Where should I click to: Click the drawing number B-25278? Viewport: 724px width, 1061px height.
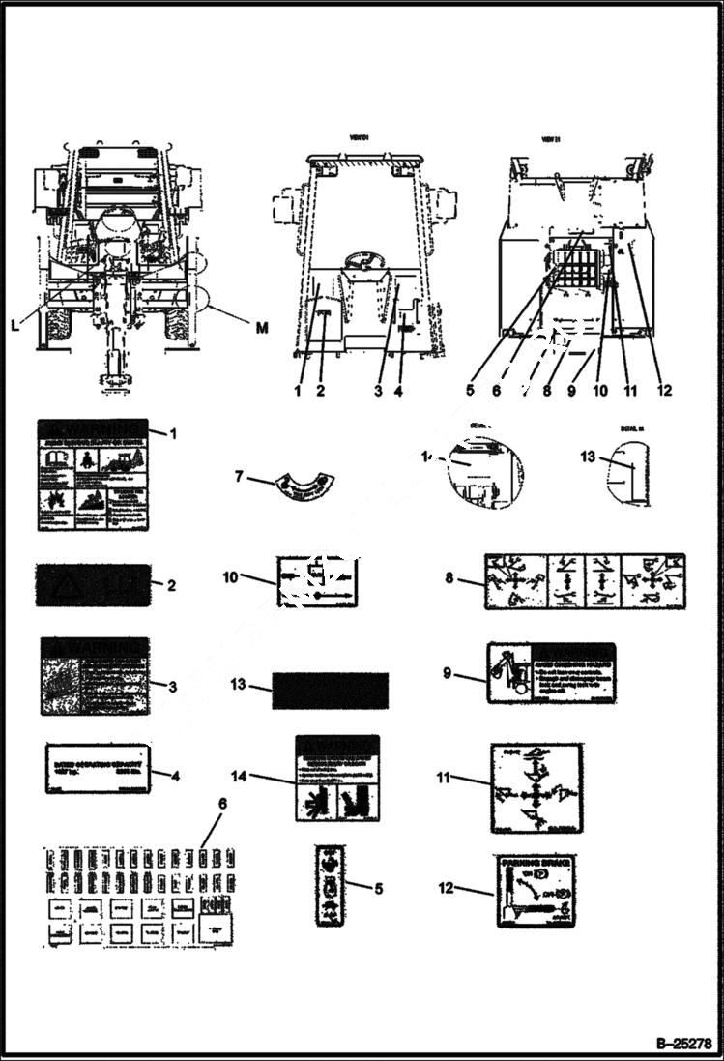pyautogui.click(x=682, y=1045)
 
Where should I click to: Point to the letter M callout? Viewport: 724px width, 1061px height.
pyautogui.click(x=262, y=329)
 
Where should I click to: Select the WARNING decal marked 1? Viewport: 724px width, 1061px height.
pyautogui.click(x=94, y=475)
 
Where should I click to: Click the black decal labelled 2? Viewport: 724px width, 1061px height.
pyautogui.click(x=94, y=584)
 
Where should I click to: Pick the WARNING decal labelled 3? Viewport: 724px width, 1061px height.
pyautogui.click(x=95, y=676)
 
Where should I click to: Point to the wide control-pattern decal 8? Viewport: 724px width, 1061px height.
pyautogui.click(x=586, y=581)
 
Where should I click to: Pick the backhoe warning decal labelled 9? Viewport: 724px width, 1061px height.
pyautogui.click(x=552, y=672)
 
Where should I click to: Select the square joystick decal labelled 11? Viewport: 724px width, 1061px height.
pyautogui.click(x=536, y=788)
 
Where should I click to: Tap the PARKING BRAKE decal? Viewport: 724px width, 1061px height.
pyautogui.click(x=538, y=892)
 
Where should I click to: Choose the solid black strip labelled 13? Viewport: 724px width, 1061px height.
pyautogui.click(x=331, y=691)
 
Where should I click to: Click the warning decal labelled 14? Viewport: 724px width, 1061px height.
pyautogui.click(x=337, y=778)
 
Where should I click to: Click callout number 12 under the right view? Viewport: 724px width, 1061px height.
pyautogui.click(x=662, y=391)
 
